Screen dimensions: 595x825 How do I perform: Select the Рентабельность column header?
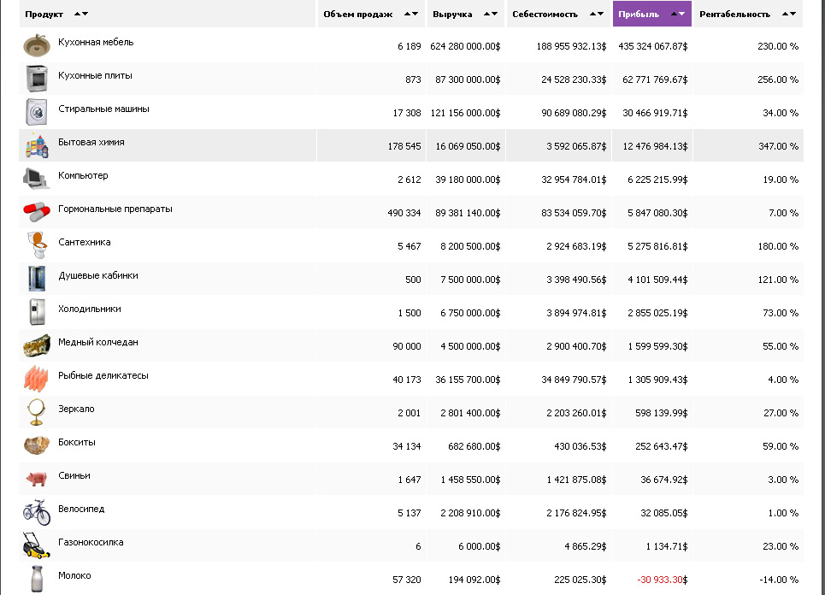click(x=734, y=14)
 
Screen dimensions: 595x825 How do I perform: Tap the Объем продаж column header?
click(x=358, y=14)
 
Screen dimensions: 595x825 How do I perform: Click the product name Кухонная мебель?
click(x=96, y=42)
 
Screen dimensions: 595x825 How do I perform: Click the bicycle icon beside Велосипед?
click(x=37, y=512)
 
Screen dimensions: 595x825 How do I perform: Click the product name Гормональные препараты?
click(x=115, y=209)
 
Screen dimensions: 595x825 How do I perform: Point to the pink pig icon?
click(x=36, y=479)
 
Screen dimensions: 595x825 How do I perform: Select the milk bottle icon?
click(x=37, y=578)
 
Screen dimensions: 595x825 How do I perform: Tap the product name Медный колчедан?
click(x=98, y=342)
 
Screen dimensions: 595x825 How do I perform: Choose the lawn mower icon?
click(x=37, y=545)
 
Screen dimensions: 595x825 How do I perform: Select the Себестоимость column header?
click(x=545, y=14)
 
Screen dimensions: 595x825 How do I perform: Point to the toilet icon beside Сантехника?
click(x=37, y=245)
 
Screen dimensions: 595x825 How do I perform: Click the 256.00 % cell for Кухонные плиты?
click(x=777, y=80)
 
